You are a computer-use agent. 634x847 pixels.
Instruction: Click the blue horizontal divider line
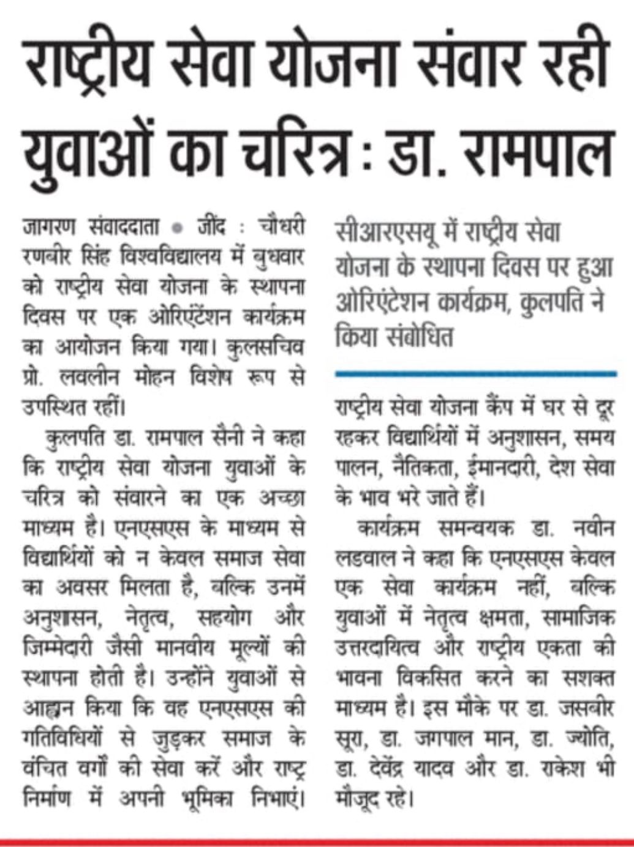[x=475, y=373]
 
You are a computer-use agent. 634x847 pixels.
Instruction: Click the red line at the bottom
[x=317, y=841]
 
